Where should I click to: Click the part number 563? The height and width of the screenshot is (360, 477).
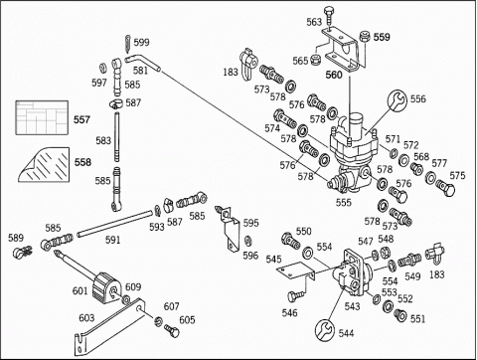pyautogui.click(x=314, y=22)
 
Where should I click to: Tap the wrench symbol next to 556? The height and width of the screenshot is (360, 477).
pyautogui.click(x=397, y=100)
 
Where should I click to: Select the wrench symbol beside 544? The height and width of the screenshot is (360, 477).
pyautogui.click(x=325, y=330)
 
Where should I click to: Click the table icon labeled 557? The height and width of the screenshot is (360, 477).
pyautogui.click(x=42, y=117)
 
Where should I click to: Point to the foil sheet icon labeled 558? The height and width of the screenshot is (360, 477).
pyautogui.click(x=44, y=165)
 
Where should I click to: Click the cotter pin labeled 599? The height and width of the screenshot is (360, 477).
pyautogui.click(x=128, y=43)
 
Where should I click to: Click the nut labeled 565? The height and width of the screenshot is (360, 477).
pyautogui.click(x=314, y=61)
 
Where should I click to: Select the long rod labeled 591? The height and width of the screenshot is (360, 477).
pyautogui.click(x=113, y=224)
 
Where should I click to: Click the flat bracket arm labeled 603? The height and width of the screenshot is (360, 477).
pyautogui.click(x=109, y=326)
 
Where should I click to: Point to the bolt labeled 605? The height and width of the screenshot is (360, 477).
pyautogui.click(x=172, y=330)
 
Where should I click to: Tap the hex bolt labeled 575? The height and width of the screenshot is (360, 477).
pyautogui.click(x=445, y=187)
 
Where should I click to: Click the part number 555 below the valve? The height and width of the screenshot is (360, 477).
pyautogui.click(x=344, y=202)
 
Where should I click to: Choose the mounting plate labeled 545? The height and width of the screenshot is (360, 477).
pyautogui.click(x=296, y=270)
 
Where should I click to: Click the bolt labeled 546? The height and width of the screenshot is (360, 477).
pyautogui.click(x=295, y=296)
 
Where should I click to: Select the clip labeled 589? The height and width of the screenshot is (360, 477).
pyautogui.click(x=22, y=253)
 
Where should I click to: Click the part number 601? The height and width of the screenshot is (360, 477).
pyautogui.click(x=80, y=291)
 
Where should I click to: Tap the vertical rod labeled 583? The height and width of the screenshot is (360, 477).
pyautogui.click(x=116, y=137)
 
